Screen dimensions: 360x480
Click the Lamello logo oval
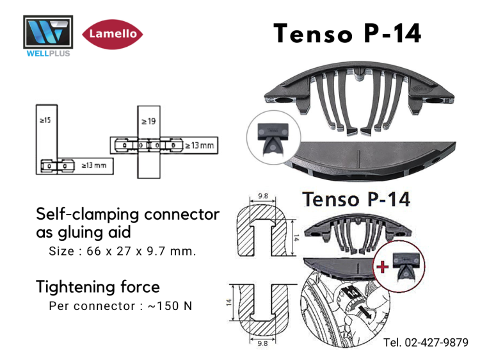click(x=113, y=34)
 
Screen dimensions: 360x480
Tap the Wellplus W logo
click(x=48, y=32)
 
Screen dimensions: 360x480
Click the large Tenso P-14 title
click(x=347, y=33)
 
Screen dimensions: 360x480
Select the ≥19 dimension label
click(x=147, y=120)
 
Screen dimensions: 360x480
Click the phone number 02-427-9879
click(x=426, y=343)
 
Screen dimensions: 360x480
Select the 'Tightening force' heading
click(x=98, y=286)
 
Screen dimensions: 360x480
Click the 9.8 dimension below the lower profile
click(x=262, y=343)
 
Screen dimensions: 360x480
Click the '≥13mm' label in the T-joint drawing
click(x=200, y=146)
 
